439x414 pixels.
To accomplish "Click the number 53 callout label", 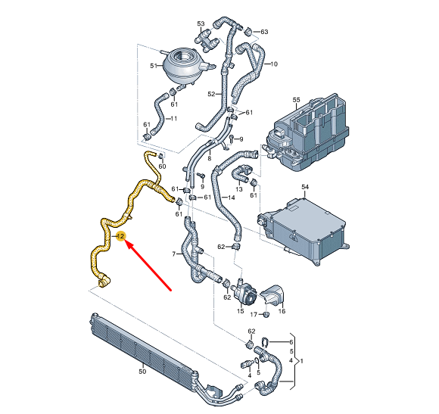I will (201, 24).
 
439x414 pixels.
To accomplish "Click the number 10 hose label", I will (274, 64).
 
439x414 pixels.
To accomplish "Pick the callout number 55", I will (296, 99).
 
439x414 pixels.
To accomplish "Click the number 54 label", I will (305, 186).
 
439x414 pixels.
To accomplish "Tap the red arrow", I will (148, 265).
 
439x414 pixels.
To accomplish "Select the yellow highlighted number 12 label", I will (120, 237).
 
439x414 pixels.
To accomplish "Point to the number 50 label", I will (142, 372).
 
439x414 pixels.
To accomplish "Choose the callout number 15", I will (240, 311).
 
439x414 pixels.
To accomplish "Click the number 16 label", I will (282, 311).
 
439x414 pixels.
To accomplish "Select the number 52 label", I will (212, 95).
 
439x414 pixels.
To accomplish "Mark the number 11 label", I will (173, 119).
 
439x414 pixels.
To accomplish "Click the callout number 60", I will (162, 166).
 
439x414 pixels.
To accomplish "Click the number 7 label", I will (173, 253).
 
